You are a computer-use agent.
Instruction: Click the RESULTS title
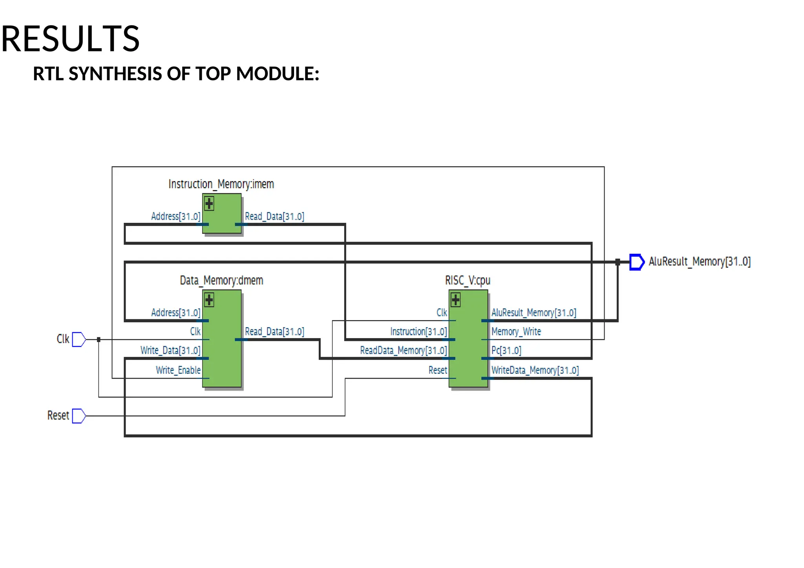click(70, 38)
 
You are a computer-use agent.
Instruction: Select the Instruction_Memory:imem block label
click(221, 184)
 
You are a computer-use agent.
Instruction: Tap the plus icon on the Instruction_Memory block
click(209, 204)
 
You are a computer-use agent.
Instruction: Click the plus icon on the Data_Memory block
click(209, 300)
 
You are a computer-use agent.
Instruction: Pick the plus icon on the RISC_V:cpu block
click(455, 300)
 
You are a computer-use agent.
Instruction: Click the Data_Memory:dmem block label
click(221, 280)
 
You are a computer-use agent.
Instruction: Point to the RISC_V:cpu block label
click(468, 280)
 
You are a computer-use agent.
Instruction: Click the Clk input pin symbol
click(79, 339)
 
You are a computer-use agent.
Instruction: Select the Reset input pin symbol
click(79, 416)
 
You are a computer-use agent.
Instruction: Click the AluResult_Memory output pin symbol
click(636, 262)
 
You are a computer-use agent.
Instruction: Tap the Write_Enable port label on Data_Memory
click(178, 370)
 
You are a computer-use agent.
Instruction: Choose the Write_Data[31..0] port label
click(170, 350)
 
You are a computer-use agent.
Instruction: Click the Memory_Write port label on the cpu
click(516, 332)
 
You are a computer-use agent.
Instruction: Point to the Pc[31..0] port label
click(506, 350)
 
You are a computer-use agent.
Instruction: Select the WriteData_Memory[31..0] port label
click(535, 370)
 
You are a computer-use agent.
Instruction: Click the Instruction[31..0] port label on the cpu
click(418, 332)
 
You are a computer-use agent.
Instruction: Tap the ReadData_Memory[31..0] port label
click(404, 350)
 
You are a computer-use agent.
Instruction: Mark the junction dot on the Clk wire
click(99, 340)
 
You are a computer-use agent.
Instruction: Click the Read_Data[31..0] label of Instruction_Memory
click(274, 217)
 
